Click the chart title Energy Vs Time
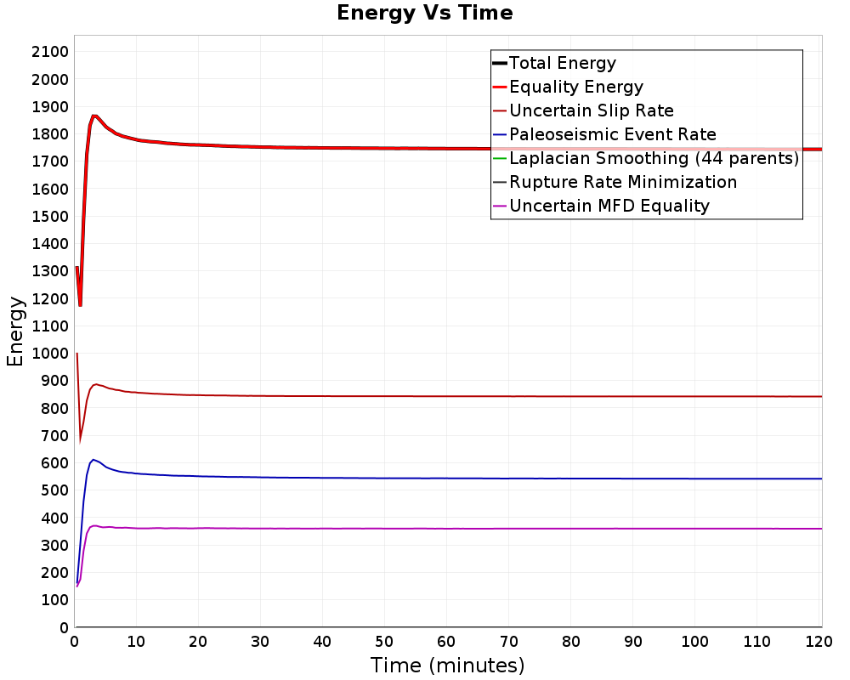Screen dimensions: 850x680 point(424,13)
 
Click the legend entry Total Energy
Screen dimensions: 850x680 point(554,63)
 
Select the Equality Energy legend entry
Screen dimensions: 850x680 point(568,87)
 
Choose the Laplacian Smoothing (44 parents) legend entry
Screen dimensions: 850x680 point(646,158)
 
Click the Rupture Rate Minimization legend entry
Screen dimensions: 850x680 point(615,182)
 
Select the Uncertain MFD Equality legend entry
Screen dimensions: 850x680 point(601,206)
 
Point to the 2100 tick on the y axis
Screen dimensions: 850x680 point(50,52)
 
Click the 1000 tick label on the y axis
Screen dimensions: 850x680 point(50,354)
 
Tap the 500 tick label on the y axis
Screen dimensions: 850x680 point(54,490)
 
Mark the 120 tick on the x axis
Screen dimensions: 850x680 point(819,642)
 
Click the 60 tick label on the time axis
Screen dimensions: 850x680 point(446,642)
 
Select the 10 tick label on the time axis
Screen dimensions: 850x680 point(136,642)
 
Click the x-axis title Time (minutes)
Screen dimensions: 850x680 point(448,666)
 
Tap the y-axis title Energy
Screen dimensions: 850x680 point(15,331)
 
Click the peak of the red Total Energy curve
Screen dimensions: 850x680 point(94,116)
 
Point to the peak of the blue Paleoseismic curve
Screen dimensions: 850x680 point(93,460)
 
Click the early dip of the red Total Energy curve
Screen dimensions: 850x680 point(80,305)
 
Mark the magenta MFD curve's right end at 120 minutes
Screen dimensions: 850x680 point(822,529)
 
